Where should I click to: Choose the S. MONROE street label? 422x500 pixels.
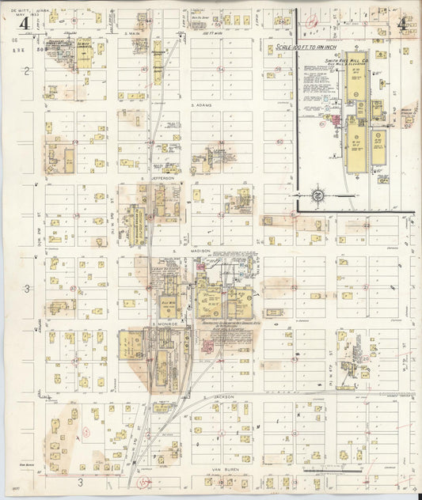point(163,324)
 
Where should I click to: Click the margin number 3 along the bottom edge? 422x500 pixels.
point(79,482)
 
